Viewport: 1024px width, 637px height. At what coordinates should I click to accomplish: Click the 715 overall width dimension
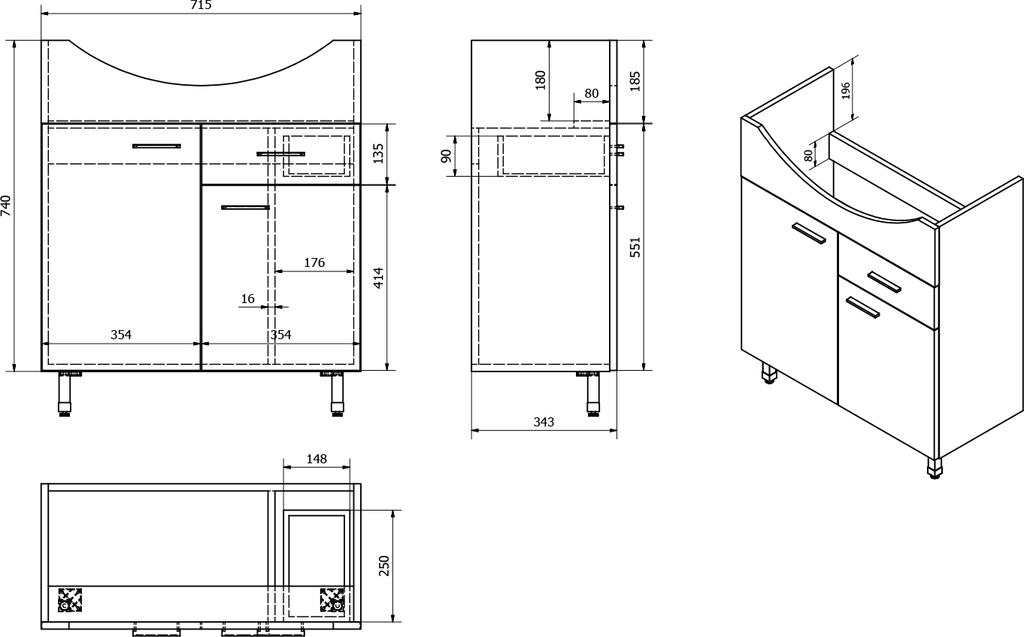coord(201,5)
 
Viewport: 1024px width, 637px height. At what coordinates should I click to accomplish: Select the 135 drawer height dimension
coord(378,153)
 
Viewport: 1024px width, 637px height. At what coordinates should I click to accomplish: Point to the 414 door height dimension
coord(378,278)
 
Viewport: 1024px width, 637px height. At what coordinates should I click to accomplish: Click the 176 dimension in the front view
coord(314,262)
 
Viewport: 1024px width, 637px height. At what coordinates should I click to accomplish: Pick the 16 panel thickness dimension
coord(247,299)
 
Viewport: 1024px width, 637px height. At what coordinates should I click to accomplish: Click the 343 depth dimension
coord(544,422)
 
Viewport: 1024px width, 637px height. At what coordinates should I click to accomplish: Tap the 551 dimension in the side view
coord(635,247)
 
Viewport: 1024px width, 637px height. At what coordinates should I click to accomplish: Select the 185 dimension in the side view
coord(635,81)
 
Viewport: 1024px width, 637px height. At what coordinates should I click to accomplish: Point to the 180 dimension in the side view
coord(541,80)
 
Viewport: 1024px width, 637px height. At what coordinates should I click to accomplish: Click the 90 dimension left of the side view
coord(446,156)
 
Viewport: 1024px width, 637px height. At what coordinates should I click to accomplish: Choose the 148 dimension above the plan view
coord(317,459)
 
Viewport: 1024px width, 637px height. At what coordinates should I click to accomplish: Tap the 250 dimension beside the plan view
coord(384,566)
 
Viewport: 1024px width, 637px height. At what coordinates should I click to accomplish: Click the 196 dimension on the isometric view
coord(845,90)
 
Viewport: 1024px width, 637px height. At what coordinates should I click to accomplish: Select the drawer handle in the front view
coord(280,153)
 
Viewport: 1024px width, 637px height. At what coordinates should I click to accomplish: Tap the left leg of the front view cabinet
coord(65,394)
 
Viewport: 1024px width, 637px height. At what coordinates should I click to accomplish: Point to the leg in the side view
coord(594,394)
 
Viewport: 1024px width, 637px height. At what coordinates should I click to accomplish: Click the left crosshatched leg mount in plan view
coord(70,600)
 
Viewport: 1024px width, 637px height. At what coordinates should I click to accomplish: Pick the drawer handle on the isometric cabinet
coord(884,282)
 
